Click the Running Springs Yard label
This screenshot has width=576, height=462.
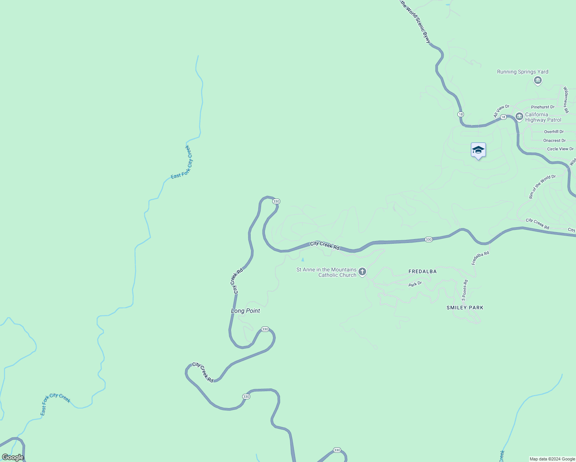pos(522,72)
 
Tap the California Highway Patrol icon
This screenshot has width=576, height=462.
pos(519,116)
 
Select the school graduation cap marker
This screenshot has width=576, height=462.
pos(478,150)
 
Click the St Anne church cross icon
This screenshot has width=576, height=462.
pos(362,272)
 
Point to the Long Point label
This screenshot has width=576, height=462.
pos(245,311)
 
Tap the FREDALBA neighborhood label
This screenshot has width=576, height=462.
pos(422,271)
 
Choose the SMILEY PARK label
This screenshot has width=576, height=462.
pos(465,308)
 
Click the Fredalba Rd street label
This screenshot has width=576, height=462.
pos(480,258)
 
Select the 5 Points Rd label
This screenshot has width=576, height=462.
pos(465,290)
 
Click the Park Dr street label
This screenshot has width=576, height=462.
pos(415,284)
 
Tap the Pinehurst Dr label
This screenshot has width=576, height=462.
pos(543,107)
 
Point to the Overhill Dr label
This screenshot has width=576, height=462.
pos(554,132)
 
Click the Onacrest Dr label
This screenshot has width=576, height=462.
pos(554,141)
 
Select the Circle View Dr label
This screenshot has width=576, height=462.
pos(560,149)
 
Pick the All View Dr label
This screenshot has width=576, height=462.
pos(501,111)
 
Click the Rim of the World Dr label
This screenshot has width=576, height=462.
pos(542,187)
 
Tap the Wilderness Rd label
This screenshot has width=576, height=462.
pos(566,100)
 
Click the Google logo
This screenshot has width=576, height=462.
pos(13,457)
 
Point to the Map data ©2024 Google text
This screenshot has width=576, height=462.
pos(552,459)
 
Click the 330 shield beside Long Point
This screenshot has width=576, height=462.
pos(265,329)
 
